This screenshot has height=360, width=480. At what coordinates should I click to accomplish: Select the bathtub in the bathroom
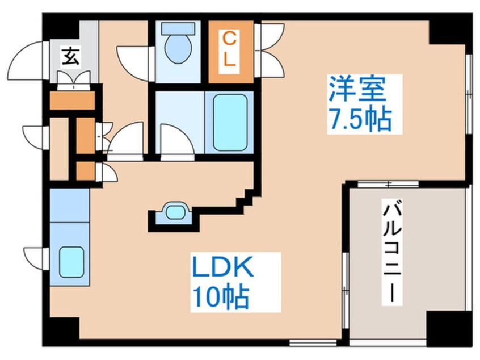(230, 120)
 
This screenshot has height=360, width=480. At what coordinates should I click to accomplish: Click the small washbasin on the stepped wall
(174, 212)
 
